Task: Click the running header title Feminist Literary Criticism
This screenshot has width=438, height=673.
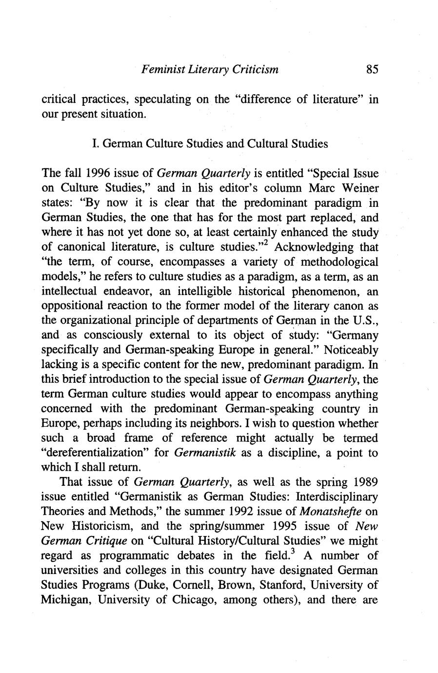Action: [x=210, y=70]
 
